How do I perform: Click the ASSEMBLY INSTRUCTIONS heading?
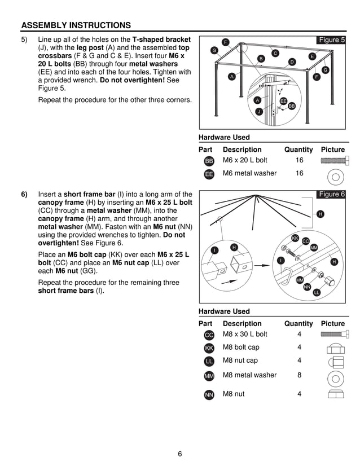coord(76,25)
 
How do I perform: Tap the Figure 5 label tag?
coord(331,40)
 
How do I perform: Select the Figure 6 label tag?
coord(331,195)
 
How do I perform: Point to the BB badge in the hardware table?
coord(209,161)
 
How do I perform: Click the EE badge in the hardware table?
coord(209,174)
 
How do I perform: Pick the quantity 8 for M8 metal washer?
coord(299,375)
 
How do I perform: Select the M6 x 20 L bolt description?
coord(245,160)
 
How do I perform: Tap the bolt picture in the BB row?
coord(332,161)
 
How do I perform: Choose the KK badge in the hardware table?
coord(209,349)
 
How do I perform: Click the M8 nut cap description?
coord(240,361)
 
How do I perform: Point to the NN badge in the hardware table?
coord(209,395)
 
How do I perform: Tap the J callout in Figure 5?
coord(258,112)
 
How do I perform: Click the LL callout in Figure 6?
coord(317,292)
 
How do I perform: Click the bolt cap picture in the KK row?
coord(335,348)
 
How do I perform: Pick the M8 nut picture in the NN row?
coord(335,394)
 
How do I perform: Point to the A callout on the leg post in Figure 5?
coord(231,76)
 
